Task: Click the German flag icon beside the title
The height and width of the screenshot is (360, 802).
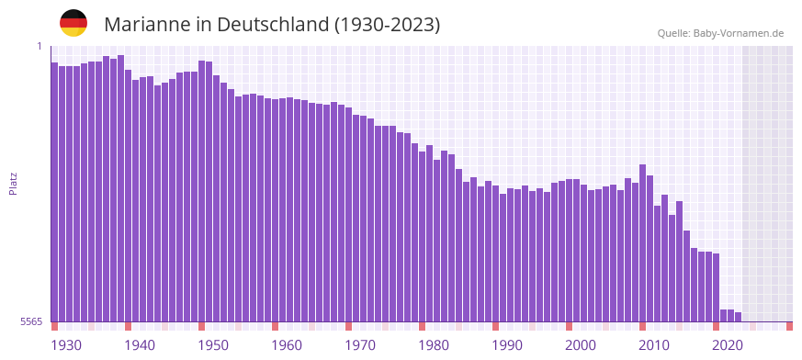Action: (x=73, y=23)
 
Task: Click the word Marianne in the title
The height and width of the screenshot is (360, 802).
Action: (x=147, y=25)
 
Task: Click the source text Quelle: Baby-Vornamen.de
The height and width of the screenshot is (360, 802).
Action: (x=720, y=34)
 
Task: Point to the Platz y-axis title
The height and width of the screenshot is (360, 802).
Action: (x=13, y=183)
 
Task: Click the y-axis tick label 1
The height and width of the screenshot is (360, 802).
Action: (x=40, y=46)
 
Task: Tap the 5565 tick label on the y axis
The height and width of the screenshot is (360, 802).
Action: (x=29, y=321)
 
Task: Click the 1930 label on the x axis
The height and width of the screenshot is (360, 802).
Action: (x=66, y=345)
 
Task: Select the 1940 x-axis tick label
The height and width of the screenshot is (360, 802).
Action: (x=140, y=345)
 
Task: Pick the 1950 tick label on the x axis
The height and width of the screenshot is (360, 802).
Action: (x=213, y=345)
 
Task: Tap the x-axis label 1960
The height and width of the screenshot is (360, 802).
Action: (x=287, y=345)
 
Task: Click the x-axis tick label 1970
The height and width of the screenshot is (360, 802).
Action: (x=360, y=345)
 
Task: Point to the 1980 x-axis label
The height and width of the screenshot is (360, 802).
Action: (x=434, y=345)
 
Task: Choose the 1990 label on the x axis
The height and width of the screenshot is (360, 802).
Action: (x=507, y=345)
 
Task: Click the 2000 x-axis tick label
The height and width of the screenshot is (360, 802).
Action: (x=581, y=345)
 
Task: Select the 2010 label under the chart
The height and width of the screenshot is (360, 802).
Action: (x=654, y=345)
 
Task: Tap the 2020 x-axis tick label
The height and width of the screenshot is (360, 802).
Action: (x=728, y=345)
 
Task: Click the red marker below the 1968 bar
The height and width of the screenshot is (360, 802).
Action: (x=349, y=326)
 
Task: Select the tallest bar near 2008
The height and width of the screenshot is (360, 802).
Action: (x=643, y=243)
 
